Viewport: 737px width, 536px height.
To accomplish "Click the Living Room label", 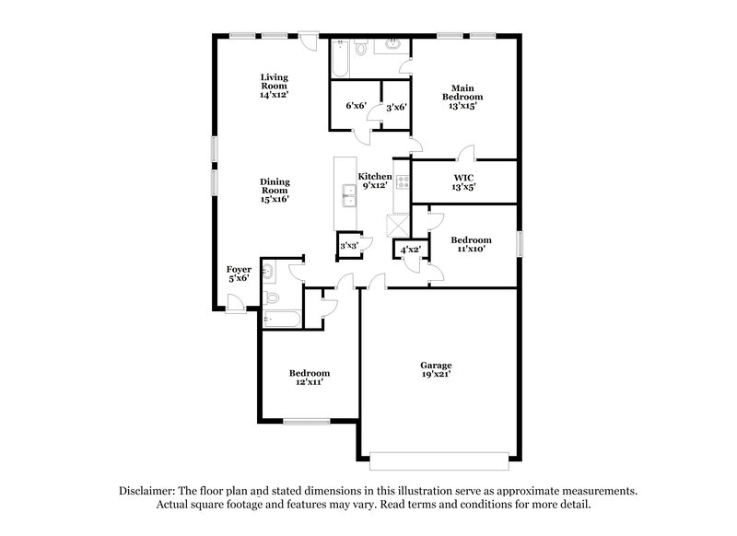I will point(274,85).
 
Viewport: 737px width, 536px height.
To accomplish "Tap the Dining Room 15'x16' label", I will point(274,191).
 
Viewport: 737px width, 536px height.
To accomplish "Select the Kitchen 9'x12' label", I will point(375,181).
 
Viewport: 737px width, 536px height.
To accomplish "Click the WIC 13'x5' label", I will point(463,181).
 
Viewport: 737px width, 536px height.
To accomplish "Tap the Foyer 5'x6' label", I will point(238,274).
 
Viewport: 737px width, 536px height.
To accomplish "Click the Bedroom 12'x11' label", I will point(310,378).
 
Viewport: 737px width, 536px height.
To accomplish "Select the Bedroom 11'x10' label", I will point(470,244).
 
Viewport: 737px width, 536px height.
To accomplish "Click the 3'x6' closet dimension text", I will point(397,108).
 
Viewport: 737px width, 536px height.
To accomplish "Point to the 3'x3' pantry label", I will point(349,246).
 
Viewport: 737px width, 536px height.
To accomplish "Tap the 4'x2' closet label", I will point(408,249).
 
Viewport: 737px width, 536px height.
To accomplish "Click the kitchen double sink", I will point(349,195).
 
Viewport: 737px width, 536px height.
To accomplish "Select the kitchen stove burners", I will point(402,181).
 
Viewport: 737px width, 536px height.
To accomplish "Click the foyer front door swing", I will point(234,301).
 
